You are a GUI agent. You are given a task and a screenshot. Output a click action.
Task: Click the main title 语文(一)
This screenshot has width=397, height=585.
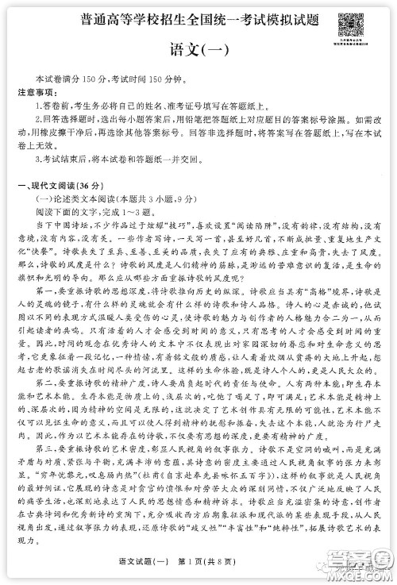point(198,51)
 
